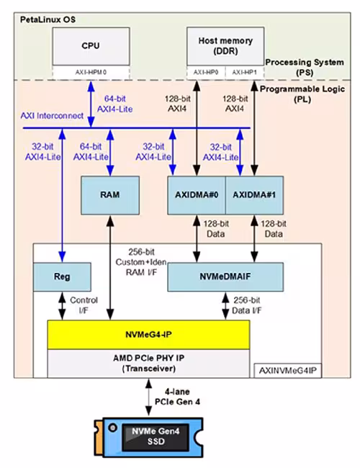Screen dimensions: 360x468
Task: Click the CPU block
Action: coord(91,46)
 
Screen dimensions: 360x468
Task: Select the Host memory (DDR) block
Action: coord(225,46)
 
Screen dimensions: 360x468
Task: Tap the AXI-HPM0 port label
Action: coord(91,73)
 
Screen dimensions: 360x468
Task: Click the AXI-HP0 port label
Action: coord(206,73)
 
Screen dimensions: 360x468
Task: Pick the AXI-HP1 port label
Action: coord(245,73)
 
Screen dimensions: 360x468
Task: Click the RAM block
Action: coord(110,195)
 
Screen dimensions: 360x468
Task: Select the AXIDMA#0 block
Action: coord(197,195)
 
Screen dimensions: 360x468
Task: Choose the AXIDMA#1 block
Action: coord(254,195)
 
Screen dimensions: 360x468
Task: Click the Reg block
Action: coord(62,277)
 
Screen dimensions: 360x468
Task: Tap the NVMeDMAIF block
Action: coord(225,277)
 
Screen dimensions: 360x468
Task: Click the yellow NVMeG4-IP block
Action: coord(148,335)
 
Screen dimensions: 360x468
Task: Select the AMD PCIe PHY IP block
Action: coord(148,364)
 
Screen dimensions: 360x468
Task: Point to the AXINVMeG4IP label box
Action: coord(288,371)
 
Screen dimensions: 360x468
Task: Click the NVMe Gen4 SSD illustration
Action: coord(148,437)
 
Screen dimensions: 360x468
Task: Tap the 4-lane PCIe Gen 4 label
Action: coord(177,397)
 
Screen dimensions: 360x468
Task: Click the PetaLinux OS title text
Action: coord(48,19)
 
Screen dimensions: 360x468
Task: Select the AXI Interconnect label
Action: coord(52,116)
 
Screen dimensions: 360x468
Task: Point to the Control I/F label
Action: coord(84,305)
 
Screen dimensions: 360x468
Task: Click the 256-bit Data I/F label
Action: coord(246,305)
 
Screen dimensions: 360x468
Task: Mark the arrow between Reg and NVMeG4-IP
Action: coord(62,306)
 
